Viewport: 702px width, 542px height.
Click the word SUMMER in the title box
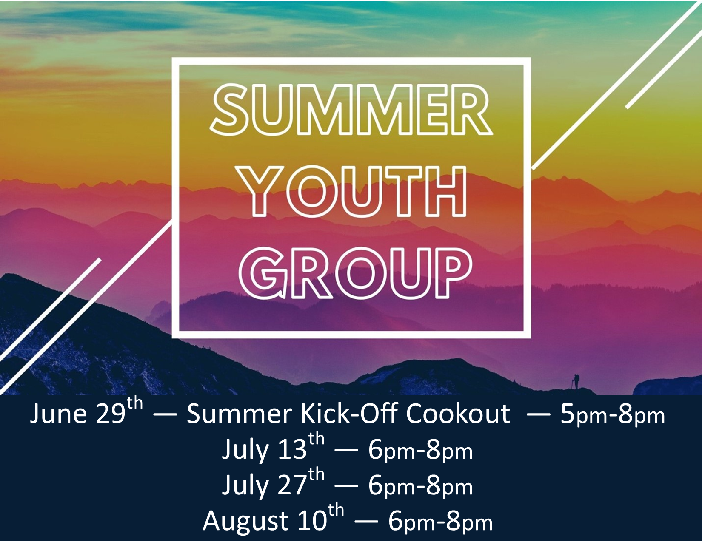351,110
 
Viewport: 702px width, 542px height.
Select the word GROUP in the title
355,273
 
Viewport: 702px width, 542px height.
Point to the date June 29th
86,411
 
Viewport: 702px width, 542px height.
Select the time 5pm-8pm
613,416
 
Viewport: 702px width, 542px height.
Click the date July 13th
273,448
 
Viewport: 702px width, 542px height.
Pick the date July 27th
273,483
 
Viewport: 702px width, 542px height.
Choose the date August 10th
273,519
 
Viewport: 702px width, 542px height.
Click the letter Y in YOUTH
260,190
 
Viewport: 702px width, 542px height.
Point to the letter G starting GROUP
263,273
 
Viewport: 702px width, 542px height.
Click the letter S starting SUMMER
231,110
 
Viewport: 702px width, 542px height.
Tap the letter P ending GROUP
455,273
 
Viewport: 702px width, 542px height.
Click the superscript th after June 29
135,404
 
